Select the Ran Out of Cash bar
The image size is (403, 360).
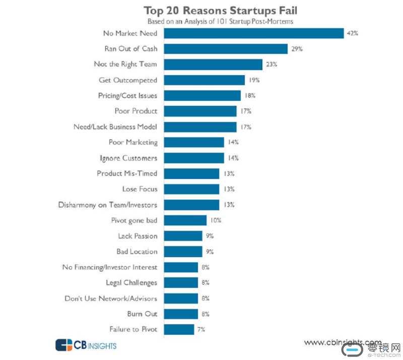226,49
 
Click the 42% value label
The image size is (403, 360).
352,33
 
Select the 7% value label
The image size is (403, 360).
201,329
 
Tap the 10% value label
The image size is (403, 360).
216,220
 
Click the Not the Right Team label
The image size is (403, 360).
125,65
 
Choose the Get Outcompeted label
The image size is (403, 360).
128,80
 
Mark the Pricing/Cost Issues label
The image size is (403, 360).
127,95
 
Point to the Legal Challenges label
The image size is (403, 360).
131,283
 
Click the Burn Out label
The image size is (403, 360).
142,314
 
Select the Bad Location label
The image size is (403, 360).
137,252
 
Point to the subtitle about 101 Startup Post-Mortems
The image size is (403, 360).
220,22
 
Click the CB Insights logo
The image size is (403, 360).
86,345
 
